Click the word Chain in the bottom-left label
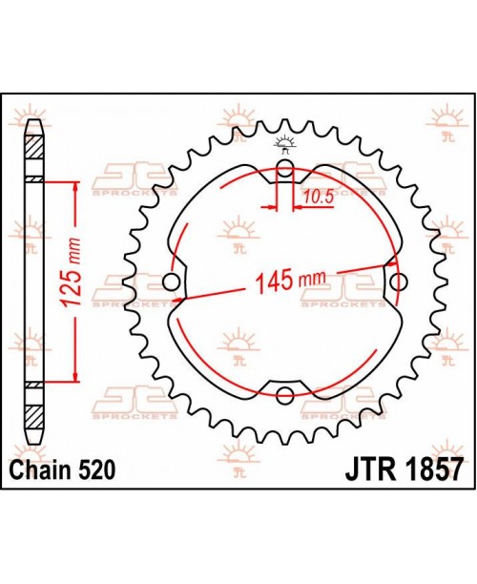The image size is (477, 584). pyautogui.click(x=44, y=470)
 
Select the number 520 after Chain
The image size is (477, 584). pyautogui.click(x=99, y=470)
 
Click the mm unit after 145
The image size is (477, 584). pyautogui.click(x=312, y=280)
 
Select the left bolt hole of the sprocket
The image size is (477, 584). pyautogui.click(x=173, y=282)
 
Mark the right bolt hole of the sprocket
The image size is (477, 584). pyautogui.click(x=398, y=282)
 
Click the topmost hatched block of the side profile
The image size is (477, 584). pyautogui.click(x=34, y=148)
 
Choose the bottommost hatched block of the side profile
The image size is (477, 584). pyautogui.click(x=34, y=417)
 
